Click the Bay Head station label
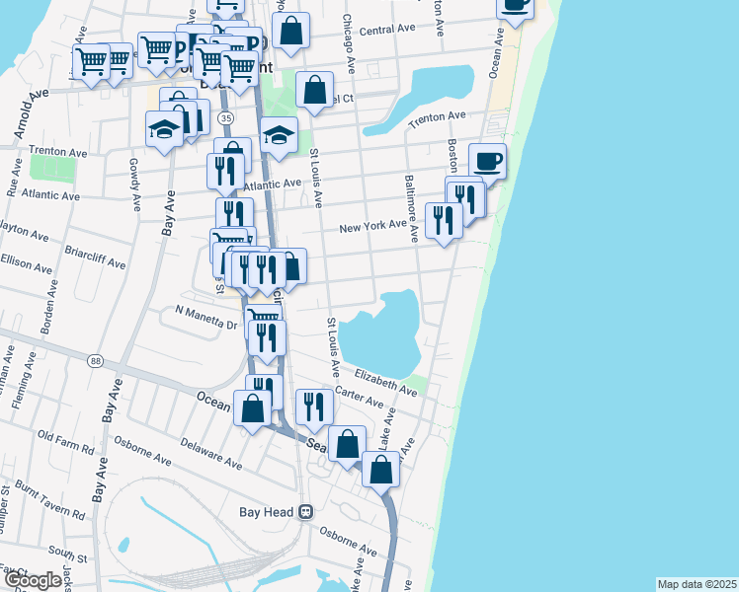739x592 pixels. click(267, 512)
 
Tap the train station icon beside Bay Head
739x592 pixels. click(306, 512)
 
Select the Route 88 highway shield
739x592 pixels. click(95, 361)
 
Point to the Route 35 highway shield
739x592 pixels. click(227, 118)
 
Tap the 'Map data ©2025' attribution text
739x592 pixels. click(697, 584)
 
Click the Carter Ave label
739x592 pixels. click(359, 397)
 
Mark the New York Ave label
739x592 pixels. click(372, 226)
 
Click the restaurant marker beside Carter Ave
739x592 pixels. click(314, 407)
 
